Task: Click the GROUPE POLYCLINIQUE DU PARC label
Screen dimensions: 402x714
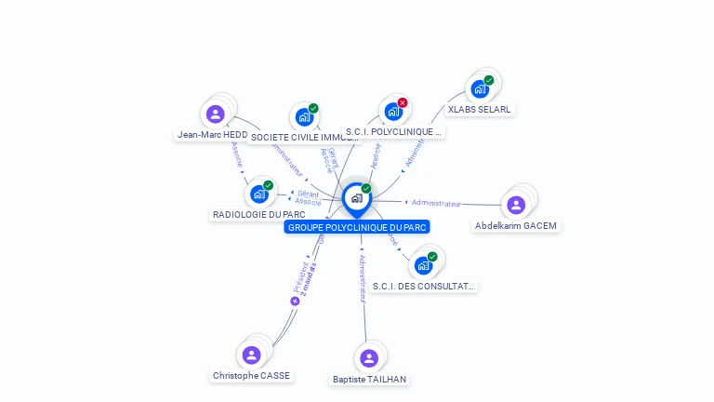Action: (357, 227)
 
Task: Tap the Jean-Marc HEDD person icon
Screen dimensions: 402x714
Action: (216, 114)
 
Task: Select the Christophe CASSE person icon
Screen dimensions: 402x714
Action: (251, 355)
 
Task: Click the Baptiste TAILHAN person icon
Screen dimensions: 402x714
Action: (369, 358)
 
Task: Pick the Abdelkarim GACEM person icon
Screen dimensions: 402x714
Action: (516, 205)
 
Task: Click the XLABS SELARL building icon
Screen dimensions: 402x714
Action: (479, 89)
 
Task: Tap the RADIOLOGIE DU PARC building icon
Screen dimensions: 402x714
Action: (259, 194)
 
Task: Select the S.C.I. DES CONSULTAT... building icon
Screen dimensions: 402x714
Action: (423, 265)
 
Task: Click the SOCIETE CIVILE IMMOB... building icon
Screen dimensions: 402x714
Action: (303, 117)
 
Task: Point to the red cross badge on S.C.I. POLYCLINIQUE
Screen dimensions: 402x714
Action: (403, 102)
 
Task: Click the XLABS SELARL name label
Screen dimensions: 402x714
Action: (479, 109)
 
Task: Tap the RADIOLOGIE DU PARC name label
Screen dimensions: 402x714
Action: (258, 214)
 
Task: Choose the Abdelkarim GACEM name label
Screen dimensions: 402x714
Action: (516, 225)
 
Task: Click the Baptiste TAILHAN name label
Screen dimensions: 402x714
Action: (369, 379)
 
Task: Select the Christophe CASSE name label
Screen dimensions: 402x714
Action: (251, 375)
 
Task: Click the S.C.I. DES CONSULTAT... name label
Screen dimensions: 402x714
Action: (423, 286)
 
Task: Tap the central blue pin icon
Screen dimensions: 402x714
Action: (356, 198)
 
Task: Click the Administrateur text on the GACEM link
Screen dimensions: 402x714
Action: (436, 203)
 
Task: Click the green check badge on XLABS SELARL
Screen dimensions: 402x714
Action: (489, 80)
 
